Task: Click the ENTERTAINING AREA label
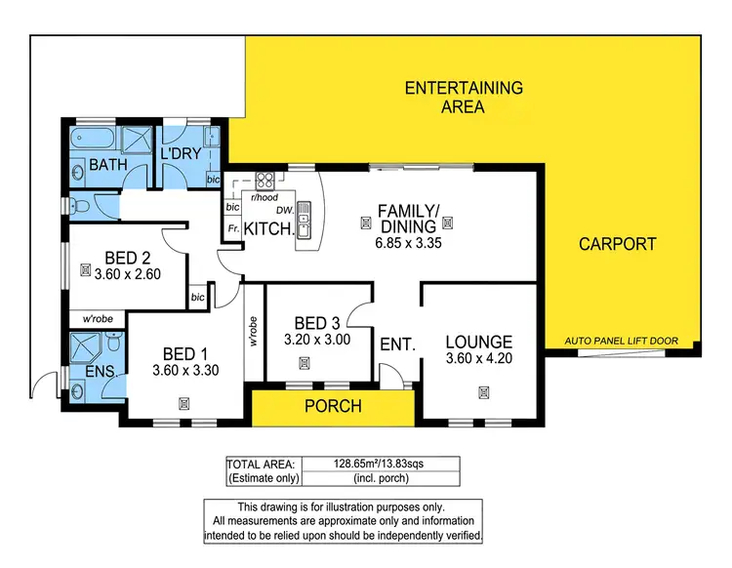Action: tap(464, 97)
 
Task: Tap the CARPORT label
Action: tap(616, 244)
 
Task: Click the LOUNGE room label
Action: tap(479, 342)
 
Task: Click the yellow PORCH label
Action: tap(331, 406)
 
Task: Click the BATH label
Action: tap(108, 167)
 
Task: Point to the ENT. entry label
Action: tap(398, 345)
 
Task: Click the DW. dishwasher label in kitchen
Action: tap(284, 209)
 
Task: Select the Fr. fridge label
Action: tap(233, 228)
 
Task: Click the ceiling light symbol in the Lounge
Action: tap(483, 392)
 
